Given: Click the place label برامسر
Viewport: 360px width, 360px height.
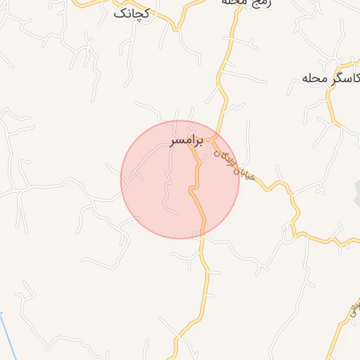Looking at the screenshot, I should pos(186,141).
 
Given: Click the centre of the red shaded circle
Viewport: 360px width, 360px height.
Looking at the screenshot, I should pos(180,179).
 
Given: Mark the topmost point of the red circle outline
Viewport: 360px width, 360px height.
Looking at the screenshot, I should pos(180,120).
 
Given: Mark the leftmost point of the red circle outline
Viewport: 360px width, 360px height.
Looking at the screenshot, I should pos(121,179).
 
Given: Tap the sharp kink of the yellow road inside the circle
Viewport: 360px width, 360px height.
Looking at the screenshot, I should pos(191,189).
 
